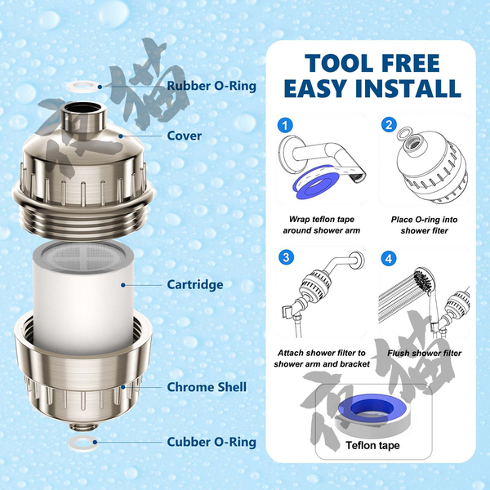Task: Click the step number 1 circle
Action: click(x=285, y=126)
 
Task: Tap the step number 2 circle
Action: click(x=389, y=125)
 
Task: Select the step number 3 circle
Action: click(x=286, y=257)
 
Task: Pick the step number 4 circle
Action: click(x=389, y=258)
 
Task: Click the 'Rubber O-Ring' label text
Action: click(x=212, y=86)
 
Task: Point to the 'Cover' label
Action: click(x=185, y=136)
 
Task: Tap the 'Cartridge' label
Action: click(x=195, y=285)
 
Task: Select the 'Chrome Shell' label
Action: click(x=207, y=387)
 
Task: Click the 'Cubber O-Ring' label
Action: click(x=212, y=442)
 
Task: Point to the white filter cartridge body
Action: click(x=83, y=300)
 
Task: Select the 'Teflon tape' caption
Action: click(x=372, y=445)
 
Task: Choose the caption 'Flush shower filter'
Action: click(x=425, y=353)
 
